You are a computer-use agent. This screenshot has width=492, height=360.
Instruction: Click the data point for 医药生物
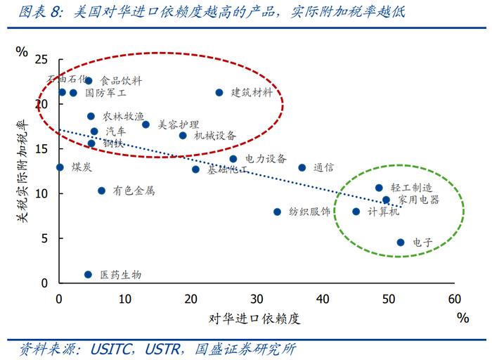pos(88,275)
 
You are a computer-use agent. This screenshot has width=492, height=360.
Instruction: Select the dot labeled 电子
pos(401,243)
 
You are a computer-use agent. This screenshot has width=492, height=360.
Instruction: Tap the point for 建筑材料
pos(219,93)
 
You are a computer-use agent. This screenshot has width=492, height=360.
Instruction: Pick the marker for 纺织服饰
pos(277,212)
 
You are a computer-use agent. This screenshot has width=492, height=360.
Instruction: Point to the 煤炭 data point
pos(60,167)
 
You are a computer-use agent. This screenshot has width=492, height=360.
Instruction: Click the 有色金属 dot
pos(101,191)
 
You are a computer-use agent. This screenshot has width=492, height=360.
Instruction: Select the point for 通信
pos(302,167)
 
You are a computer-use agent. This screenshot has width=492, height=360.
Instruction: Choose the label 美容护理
pos(179,124)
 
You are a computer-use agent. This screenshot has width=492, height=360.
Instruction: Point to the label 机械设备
pos(216,136)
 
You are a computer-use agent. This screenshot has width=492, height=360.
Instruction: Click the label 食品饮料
pos(122,82)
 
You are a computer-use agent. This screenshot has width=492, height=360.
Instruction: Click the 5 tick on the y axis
pos(46,238)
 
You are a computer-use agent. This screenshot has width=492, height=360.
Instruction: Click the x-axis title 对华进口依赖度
pos(254,319)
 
